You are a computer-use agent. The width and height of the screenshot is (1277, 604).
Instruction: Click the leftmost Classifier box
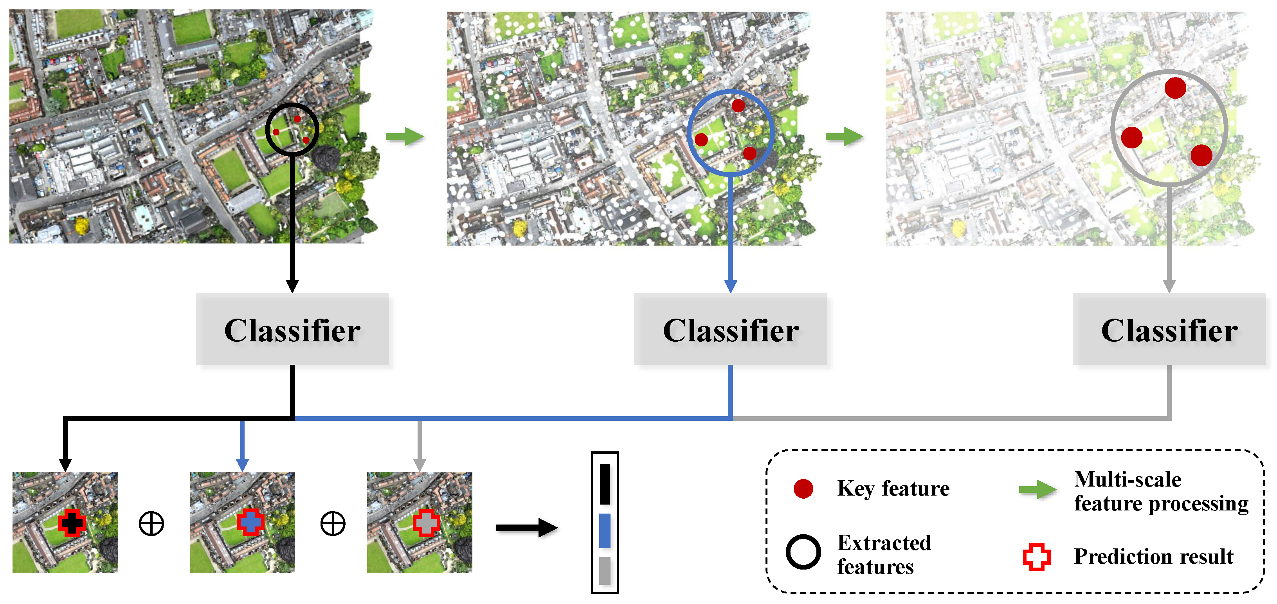point(292,329)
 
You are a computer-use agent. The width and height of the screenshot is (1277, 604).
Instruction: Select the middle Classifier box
point(730,329)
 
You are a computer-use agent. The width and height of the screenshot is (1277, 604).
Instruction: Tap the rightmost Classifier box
point(1169,329)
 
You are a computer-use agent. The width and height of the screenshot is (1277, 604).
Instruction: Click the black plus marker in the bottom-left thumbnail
point(72,523)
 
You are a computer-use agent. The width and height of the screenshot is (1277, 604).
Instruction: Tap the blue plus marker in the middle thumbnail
point(250,522)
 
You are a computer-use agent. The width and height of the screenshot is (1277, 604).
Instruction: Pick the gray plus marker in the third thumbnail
point(426,523)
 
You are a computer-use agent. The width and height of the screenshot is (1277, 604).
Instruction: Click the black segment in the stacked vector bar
point(605,483)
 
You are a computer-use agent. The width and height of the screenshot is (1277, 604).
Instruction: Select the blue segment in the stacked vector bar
point(605,531)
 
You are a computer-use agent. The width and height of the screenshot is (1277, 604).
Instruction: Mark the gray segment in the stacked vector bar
point(605,570)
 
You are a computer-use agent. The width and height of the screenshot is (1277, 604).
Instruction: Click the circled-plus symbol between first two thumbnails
point(151,524)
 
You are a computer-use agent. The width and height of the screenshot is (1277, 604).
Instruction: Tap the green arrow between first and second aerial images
point(405,136)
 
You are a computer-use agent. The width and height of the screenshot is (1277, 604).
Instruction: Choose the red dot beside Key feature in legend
point(803,489)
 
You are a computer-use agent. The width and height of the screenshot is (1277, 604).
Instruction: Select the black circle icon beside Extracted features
point(803,552)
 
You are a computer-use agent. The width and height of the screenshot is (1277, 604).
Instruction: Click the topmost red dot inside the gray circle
point(1175,88)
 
